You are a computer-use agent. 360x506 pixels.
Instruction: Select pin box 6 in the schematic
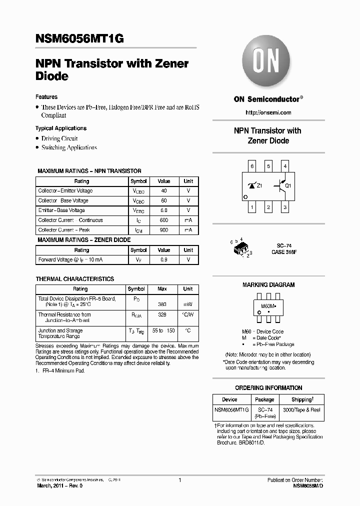point(252,166)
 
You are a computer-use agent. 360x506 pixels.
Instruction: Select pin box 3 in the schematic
point(285,206)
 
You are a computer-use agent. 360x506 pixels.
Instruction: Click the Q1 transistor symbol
point(281,186)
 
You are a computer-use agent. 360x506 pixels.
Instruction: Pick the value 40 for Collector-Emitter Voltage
point(164,191)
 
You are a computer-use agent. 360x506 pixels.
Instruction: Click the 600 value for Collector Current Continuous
point(164,220)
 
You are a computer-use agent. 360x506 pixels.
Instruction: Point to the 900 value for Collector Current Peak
point(164,230)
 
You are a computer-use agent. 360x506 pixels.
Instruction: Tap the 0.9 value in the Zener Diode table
point(164,260)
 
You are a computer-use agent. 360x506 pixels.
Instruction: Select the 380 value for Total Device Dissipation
point(162,303)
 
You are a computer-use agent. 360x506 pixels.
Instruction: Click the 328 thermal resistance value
point(162,315)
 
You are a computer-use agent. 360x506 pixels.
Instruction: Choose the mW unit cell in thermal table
point(188,303)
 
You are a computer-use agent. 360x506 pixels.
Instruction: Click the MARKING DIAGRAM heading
point(268,285)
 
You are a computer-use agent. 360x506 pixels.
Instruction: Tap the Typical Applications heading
point(61,128)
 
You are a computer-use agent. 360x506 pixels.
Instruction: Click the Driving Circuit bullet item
point(59,138)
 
